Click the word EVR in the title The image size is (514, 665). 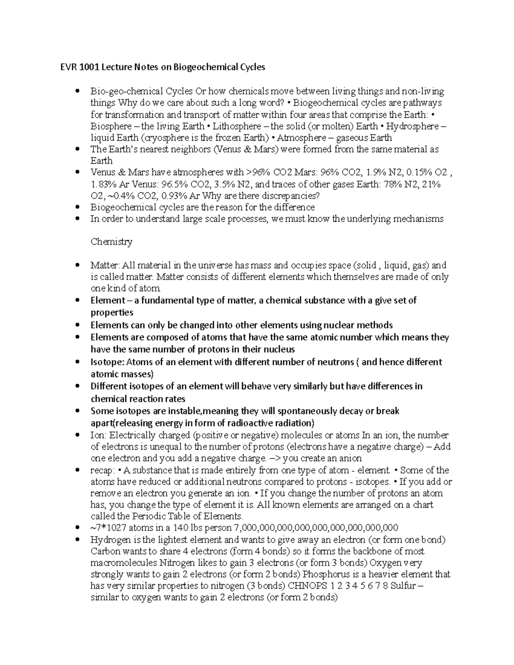(x=67, y=67)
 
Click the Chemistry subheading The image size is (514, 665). (x=111, y=242)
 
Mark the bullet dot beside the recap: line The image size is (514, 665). (x=77, y=470)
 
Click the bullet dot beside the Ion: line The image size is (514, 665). (x=77, y=435)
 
